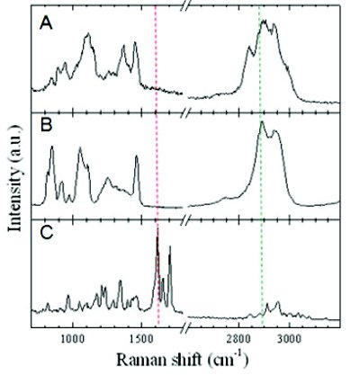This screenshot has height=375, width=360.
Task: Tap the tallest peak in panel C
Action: (x=157, y=231)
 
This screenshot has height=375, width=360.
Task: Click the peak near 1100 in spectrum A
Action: (x=87, y=35)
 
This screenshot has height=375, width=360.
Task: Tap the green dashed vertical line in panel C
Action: (x=261, y=270)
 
